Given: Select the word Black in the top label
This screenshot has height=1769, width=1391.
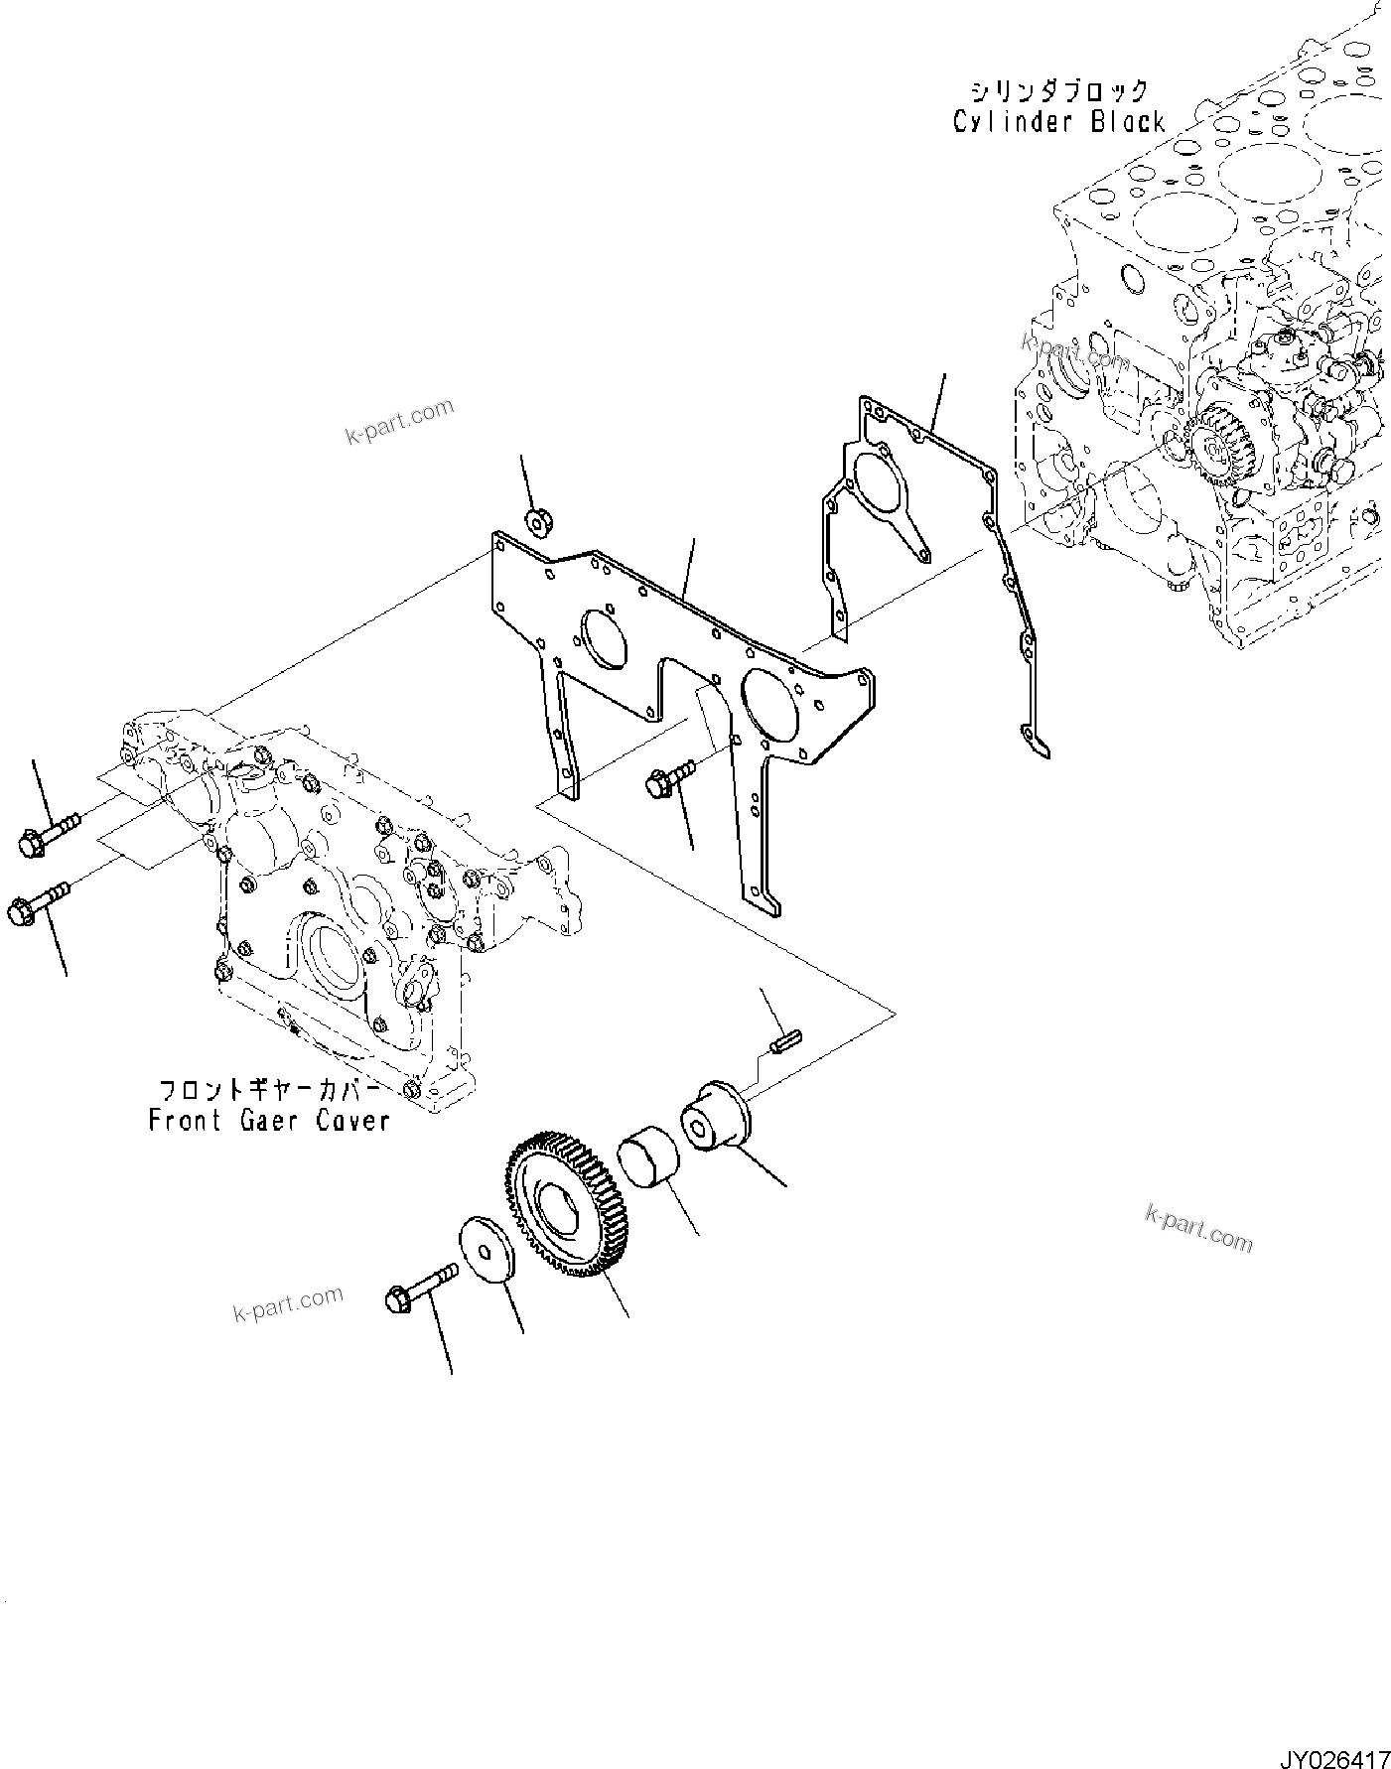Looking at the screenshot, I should (1128, 122).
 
